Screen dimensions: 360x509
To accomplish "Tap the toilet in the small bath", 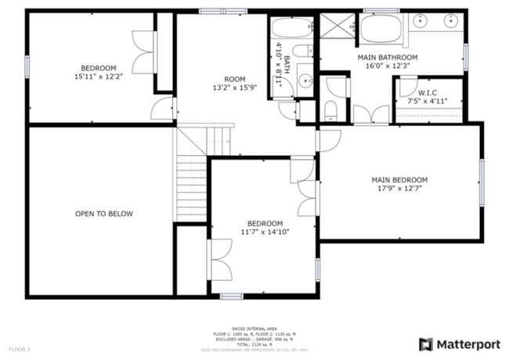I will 307,52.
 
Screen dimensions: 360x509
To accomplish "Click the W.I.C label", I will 428,92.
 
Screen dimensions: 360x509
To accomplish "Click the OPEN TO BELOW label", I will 104,214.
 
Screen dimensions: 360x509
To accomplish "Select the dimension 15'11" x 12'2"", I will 99,77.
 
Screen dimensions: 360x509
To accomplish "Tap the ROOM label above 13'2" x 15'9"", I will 235,79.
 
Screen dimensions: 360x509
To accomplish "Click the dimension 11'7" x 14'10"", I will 264,232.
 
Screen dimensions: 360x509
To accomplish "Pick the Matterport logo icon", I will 425,344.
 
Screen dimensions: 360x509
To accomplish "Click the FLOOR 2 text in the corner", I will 20,348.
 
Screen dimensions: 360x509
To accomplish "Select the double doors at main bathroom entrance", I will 371,115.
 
